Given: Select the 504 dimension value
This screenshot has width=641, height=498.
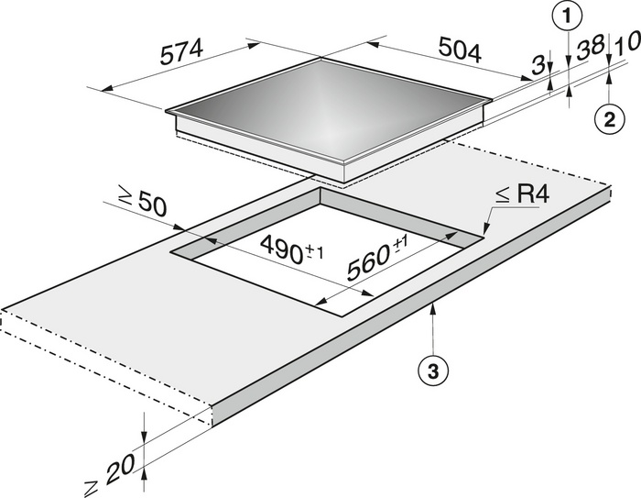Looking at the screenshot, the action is [x=460, y=50].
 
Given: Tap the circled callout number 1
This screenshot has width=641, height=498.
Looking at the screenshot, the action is [x=567, y=17].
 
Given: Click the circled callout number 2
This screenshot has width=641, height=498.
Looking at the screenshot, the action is [x=609, y=120].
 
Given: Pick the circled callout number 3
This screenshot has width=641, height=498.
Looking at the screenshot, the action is [x=433, y=371].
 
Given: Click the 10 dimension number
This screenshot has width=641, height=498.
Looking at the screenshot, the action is [x=626, y=44].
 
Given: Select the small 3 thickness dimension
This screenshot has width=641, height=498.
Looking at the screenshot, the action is [x=538, y=66].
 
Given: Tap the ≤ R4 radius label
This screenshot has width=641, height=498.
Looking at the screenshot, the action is [x=522, y=195].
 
